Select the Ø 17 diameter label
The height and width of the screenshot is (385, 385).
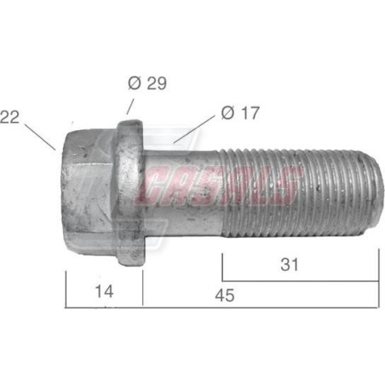tap(240, 112)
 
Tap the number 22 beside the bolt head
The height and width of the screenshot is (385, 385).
tap(9, 116)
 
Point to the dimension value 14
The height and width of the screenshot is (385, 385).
tap(103, 290)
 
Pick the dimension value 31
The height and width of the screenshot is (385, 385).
tap(290, 265)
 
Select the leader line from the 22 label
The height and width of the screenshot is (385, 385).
tap(39, 136)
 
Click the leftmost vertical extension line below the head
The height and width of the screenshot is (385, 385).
tap(66, 290)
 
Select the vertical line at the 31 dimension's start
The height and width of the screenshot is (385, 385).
tap(222, 267)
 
